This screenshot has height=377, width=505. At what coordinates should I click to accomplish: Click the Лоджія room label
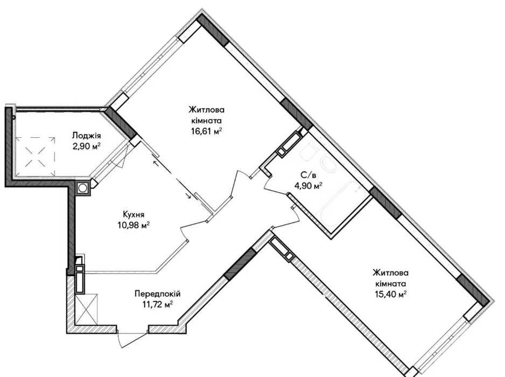tap(86, 135)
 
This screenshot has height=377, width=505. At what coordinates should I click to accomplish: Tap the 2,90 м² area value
tap(87, 146)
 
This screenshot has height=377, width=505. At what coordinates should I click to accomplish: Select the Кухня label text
tap(134, 214)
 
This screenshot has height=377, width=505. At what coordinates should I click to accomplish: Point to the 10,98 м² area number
tap(134, 225)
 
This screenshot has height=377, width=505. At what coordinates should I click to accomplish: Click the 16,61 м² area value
tap(206, 132)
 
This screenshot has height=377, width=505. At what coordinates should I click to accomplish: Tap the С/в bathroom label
tap(308, 175)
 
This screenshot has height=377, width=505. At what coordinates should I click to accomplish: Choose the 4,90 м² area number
tap(308, 186)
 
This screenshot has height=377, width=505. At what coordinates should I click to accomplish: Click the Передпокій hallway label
tap(158, 294)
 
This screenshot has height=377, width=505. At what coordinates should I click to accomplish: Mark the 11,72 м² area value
tap(158, 304)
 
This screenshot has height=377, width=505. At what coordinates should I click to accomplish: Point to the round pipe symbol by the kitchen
tap(83, 188)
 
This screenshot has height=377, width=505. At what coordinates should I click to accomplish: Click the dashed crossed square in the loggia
tap(36, 151)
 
